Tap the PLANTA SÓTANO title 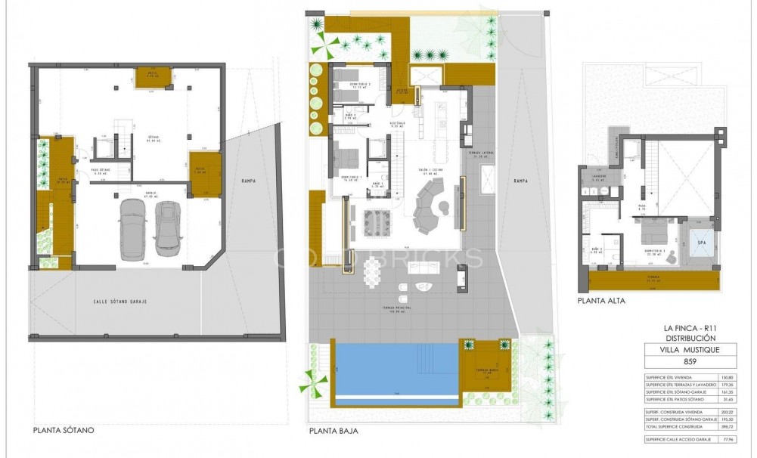tap(64, 432)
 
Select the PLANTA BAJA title tap(334, 432)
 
